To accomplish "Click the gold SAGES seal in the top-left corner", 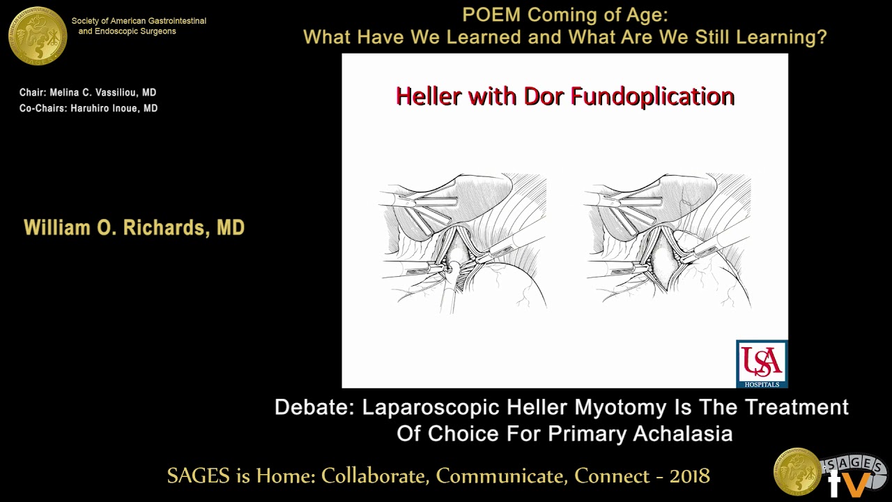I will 38,36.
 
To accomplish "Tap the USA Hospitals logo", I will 762,363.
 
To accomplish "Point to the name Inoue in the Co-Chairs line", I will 123,108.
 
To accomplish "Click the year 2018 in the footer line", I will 690,476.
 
